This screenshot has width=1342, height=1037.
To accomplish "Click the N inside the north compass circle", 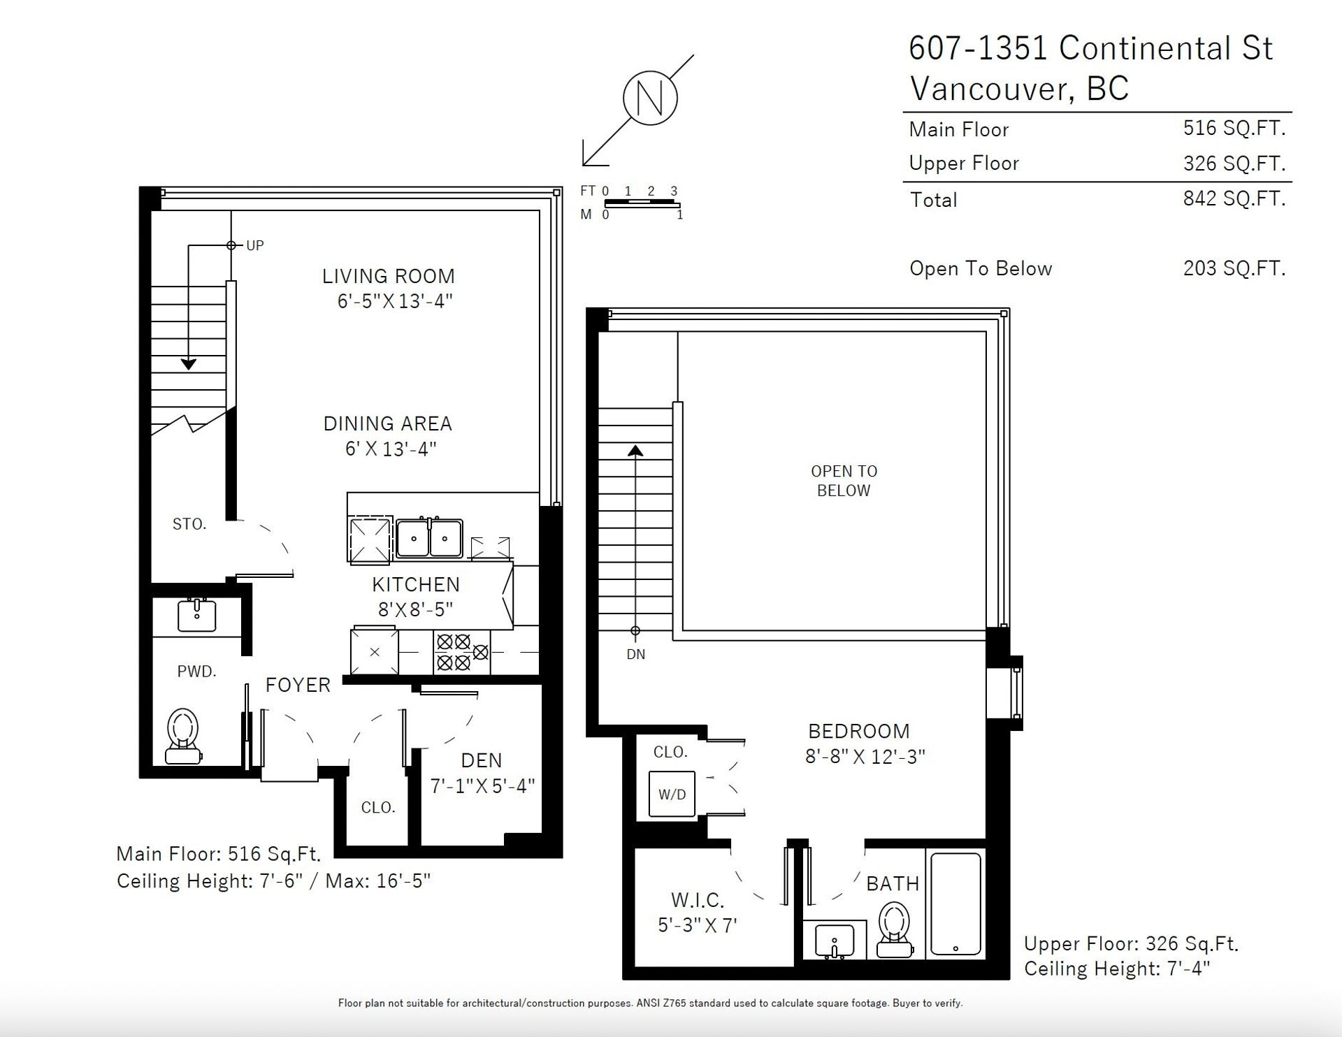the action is [x=651, y=98].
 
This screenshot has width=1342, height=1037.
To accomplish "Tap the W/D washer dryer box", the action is [x=672, y=794].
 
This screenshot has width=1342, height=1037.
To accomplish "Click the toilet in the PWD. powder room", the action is [x=184, y=736].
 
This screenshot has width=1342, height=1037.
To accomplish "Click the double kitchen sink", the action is [x=429, y=538].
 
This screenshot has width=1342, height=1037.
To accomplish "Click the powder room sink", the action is [x=197, y=615].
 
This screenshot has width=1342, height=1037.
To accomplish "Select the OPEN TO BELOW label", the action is [x=844, y=481].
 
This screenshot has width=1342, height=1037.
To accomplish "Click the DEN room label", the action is [x=482, y=760].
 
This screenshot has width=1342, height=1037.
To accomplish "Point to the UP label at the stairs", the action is [x=254, y=245].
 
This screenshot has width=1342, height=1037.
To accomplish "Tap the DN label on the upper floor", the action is [x=635, y=655].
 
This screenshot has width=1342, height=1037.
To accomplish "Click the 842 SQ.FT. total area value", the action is [x=1234, y=198].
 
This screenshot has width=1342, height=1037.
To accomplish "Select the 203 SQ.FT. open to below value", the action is [x=1234, y=268].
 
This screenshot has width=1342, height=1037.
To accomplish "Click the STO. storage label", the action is [x=189, y=524].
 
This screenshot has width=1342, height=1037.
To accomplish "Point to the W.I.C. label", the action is [x=698, y=899].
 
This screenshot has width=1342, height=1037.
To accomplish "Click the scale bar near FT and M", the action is [x=642, y=203].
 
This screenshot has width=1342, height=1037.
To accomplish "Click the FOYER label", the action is [x=298, y=685].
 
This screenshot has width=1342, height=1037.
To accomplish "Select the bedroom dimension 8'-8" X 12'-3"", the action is [x=865, y=756].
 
